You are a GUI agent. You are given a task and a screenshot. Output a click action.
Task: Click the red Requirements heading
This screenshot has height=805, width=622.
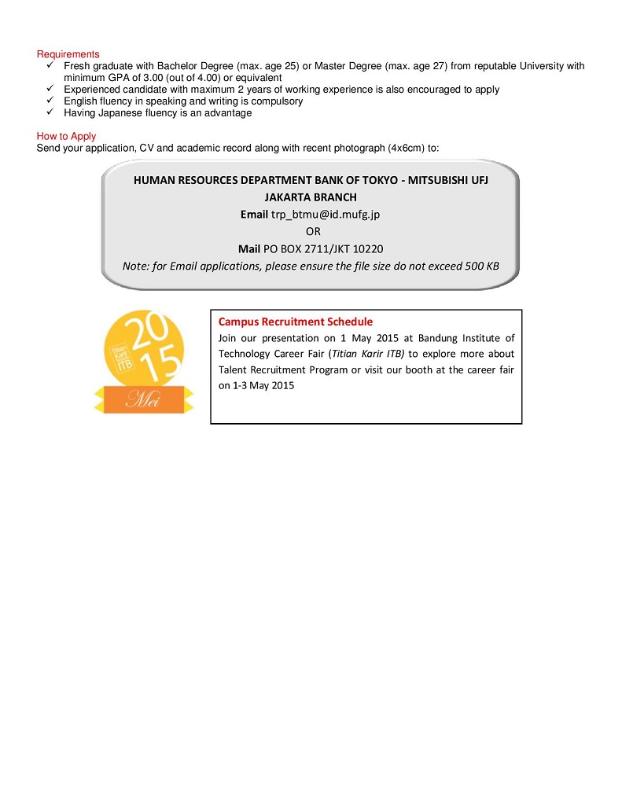pos(68,54)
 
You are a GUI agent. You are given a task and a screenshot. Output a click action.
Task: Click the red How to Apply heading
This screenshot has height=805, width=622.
pos(66,137)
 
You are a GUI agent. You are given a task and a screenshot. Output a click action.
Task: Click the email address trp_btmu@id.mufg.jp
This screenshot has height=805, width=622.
pos(326,214)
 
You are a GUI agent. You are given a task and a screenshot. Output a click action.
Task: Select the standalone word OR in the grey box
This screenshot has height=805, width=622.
pos(313,231)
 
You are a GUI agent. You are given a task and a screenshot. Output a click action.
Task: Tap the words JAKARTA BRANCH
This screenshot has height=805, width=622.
pos(311,197)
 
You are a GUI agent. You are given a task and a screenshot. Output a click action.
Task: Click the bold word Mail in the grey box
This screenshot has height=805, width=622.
pos(249,248)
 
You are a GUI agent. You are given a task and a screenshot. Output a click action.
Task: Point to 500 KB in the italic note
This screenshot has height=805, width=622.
pos(481,266)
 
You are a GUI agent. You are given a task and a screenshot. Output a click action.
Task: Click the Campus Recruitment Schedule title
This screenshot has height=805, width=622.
pos(295,322)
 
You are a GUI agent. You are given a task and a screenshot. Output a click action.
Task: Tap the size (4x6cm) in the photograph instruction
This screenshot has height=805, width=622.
pos(406,149)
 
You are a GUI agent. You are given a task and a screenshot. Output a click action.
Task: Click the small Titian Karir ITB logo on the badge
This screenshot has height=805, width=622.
pos(121,355)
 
